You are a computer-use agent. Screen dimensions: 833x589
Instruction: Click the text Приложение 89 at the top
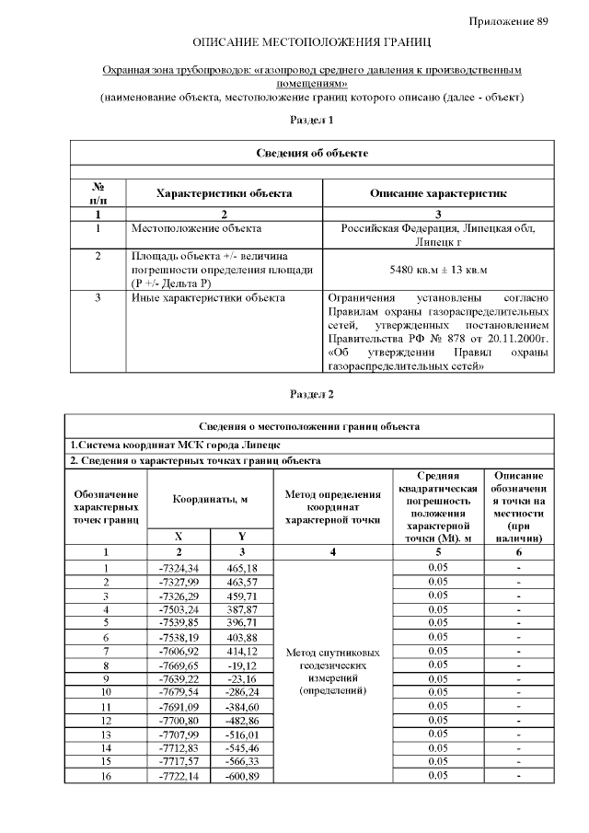[508, 20]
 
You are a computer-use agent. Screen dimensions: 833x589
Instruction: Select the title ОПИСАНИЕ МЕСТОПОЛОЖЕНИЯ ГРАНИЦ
[311, 43]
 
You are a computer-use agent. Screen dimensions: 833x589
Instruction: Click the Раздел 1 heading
[311, 120]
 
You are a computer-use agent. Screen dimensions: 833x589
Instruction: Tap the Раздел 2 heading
[311, 394]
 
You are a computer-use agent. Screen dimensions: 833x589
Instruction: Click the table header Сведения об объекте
[311, 153]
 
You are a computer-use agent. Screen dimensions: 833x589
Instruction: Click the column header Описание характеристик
[438, 193]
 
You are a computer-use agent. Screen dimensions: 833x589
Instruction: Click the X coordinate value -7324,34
[179, 568]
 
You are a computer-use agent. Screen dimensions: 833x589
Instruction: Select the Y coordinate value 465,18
[242, 568]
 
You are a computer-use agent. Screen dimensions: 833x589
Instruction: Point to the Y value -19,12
[242, 664]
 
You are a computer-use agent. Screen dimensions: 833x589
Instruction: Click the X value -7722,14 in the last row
[179, 777]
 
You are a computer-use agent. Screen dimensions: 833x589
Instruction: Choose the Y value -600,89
[242, 777]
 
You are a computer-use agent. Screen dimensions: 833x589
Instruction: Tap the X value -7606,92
[179, 651]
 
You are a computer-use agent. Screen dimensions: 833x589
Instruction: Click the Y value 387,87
[242, 609]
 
